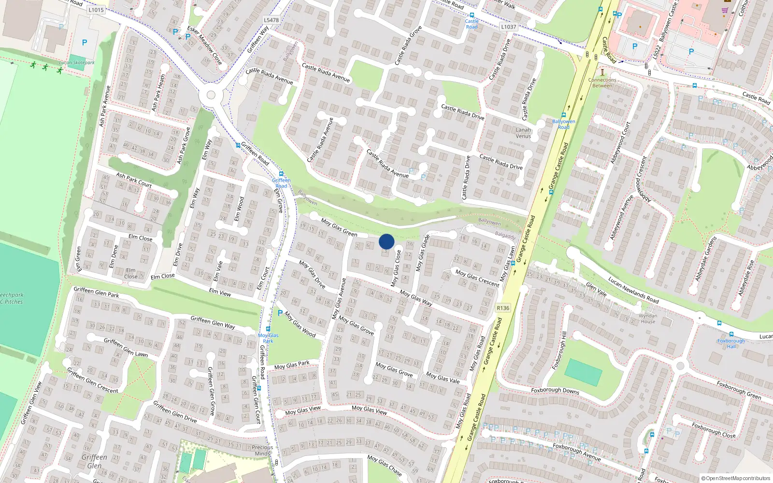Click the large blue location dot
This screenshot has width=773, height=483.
click(386, 241)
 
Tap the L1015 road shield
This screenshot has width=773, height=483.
click(96, 10)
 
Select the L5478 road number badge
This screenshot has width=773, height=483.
click(271, 20)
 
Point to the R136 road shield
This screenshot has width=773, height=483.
click(502, 308)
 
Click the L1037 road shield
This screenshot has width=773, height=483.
click(508, 27)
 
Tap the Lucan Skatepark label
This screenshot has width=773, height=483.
click(77, 62)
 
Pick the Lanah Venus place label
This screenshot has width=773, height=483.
click(523, 133)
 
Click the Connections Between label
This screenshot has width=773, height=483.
click(602, 83)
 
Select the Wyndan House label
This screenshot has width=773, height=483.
click(648, 318)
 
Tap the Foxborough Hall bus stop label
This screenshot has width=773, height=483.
click(731, 343)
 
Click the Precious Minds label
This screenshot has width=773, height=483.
click(262, 450)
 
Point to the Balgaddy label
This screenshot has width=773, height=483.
click(505, 235)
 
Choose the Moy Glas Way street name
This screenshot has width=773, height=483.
click(415, 298)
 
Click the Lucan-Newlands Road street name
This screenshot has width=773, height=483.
click(633, 290)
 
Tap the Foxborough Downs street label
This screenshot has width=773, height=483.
click(555, 390)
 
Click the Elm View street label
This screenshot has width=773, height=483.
click(220, 292)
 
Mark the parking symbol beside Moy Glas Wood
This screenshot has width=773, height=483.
click(280, 313)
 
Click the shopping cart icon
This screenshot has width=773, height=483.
click(725, 11)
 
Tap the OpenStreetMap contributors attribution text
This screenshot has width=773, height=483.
click(736, 478)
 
